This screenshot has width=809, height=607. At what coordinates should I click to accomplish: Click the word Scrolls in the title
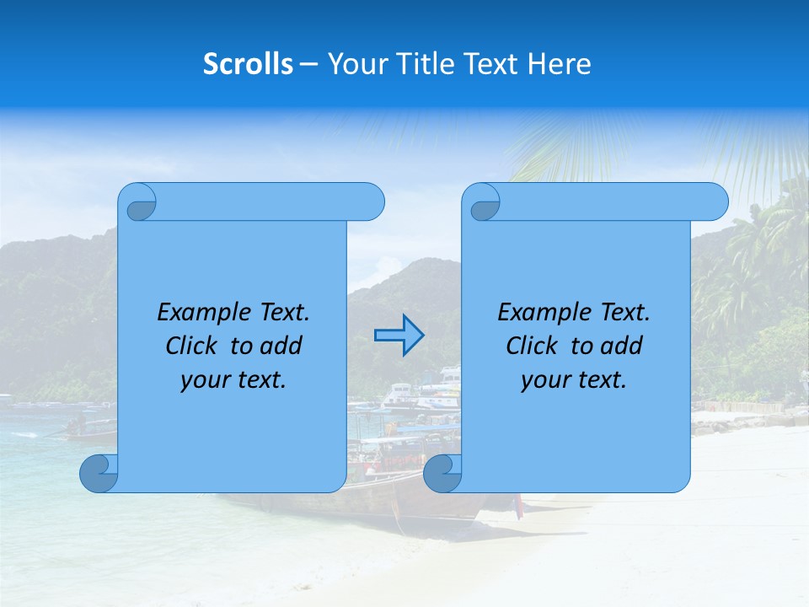(x=248, y=63)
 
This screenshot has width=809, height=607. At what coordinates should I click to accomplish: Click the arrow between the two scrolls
(x=399, y=336)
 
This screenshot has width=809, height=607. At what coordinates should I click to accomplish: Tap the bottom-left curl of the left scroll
(x=99, y=473)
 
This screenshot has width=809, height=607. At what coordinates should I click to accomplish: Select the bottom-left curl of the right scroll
(x=442, y=473)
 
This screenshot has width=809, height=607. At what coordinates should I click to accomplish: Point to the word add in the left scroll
(x=281, y=346)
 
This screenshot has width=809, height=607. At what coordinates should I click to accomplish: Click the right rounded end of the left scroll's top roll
(x=371, y=202)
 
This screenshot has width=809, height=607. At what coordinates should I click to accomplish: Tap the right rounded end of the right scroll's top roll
(x=715, y=202)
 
